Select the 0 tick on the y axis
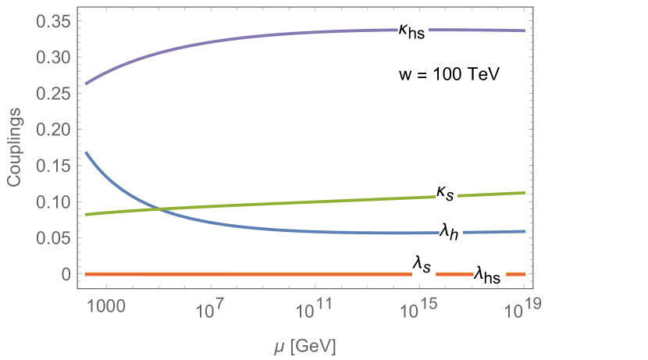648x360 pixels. point(65,274)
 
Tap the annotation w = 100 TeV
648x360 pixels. point(450,74)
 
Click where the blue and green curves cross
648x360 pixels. point(158,208)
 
